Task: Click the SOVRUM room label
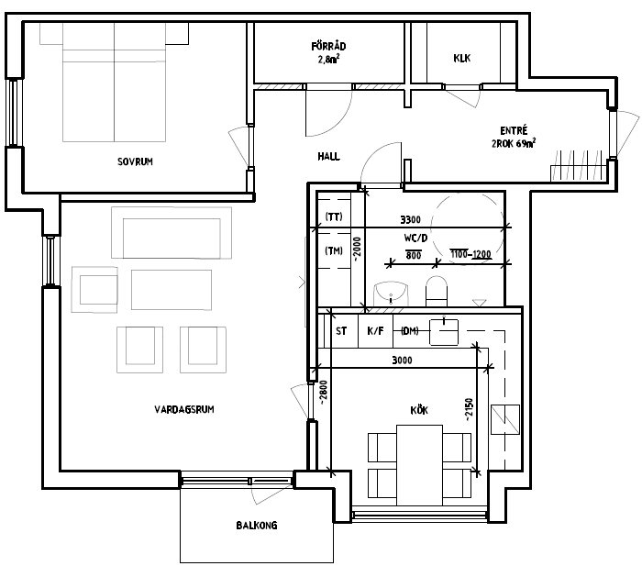point(135,161)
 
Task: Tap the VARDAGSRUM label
point(184,409)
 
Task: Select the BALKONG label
point(257,526)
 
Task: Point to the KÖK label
point(419,410)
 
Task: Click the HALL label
point(328,157)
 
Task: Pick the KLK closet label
point(462,58)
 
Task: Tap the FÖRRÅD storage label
point(328,46)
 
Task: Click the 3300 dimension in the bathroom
point(410,220)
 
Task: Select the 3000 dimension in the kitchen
point(402,361)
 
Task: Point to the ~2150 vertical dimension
point(470,409)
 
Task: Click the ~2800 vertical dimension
point(323,394)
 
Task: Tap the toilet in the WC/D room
point(437,291)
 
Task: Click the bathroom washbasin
point(391,294)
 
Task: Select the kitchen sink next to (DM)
point(444,332)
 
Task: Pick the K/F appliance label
point(375,331)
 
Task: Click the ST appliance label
point(341,331)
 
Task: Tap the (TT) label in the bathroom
point(334,216)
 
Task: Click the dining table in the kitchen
point(420,466)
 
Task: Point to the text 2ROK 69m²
point(514,144)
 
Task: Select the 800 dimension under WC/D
point(414,256)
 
